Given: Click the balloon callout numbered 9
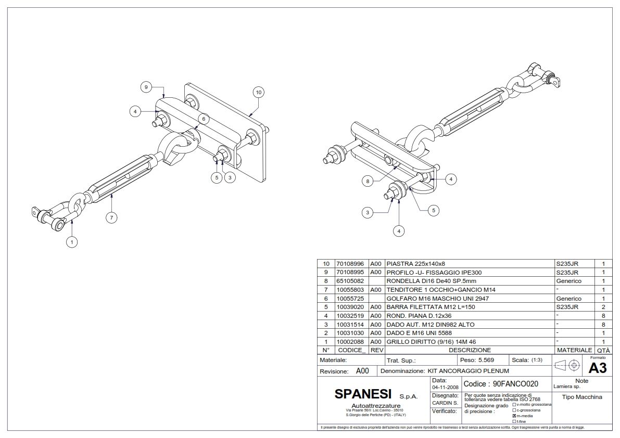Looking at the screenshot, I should [147, 87].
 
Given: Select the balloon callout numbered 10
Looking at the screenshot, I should [258, 93].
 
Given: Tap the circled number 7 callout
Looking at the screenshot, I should [111, 218].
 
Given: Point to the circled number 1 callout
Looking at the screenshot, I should [72, 241].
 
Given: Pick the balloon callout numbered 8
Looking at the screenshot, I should [368, 181].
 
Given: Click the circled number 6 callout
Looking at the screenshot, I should [203, 119].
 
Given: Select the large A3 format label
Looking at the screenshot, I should [597, 368].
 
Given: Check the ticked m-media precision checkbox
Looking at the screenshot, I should [514, 416].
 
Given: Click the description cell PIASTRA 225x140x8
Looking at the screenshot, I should [416, 264].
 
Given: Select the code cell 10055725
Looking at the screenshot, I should [351, 299].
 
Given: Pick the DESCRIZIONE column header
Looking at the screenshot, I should [470, 350].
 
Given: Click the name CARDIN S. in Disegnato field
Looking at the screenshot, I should [445, 403].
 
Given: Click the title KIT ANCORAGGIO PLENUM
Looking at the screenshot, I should [467, 371].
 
